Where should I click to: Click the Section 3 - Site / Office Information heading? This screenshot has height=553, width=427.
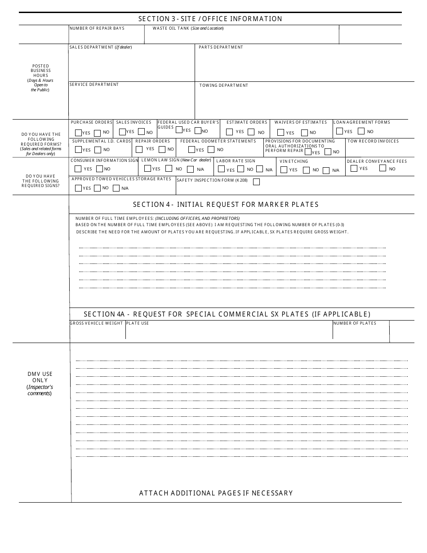coord(210,19)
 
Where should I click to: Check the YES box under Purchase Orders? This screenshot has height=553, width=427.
coord(78,133)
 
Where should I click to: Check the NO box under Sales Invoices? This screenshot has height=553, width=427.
coord(141,132)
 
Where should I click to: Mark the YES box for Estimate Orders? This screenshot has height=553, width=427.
coord(229,132)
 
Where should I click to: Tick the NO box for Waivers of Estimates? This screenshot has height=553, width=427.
coord(304,133)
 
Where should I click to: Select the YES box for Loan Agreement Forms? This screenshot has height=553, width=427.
coord(339,131)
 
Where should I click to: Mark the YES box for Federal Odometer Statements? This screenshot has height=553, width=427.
coord(191,150)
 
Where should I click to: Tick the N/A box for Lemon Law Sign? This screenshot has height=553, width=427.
coord(190,169)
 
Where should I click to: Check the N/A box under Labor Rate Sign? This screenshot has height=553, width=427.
coord(260,169)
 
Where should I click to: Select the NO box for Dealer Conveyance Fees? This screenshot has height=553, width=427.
coord(383,168)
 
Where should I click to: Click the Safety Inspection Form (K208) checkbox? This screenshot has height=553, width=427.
coord(256,182)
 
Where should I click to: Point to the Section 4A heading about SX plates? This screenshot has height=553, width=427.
coord(227,314)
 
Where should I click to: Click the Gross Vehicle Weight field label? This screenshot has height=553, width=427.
coord(96,323)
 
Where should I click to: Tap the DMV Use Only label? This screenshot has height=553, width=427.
coord(40,377)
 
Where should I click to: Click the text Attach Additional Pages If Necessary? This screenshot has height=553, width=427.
coord(216,493)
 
